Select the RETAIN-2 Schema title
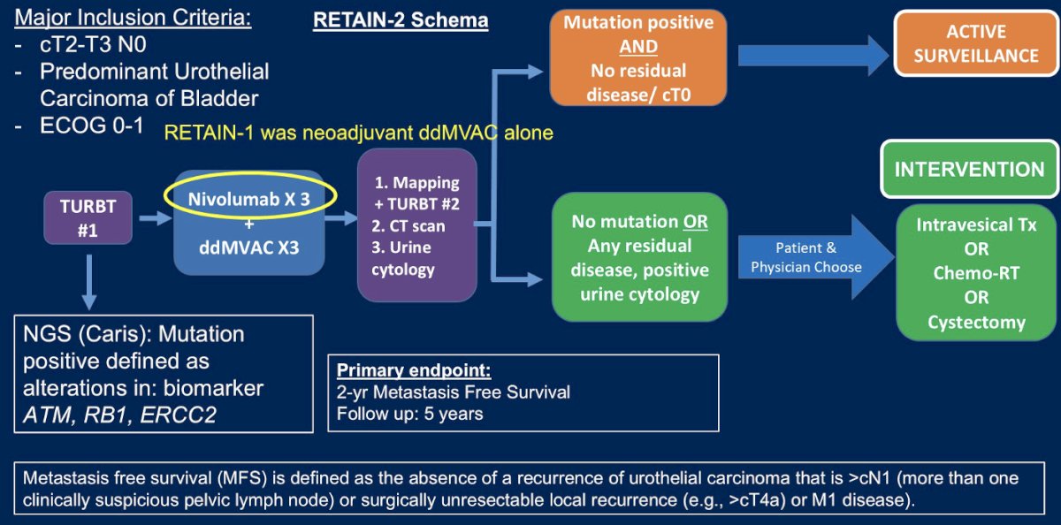click(401, 20)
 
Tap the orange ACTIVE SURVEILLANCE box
click(976, 43)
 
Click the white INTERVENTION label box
click(969, 168)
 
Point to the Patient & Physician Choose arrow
click(805, 256)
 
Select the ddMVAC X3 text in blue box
click(248, 247)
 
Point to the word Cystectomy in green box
click(976, 322)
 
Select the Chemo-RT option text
click(976, 273)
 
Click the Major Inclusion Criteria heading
click(134, 18)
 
